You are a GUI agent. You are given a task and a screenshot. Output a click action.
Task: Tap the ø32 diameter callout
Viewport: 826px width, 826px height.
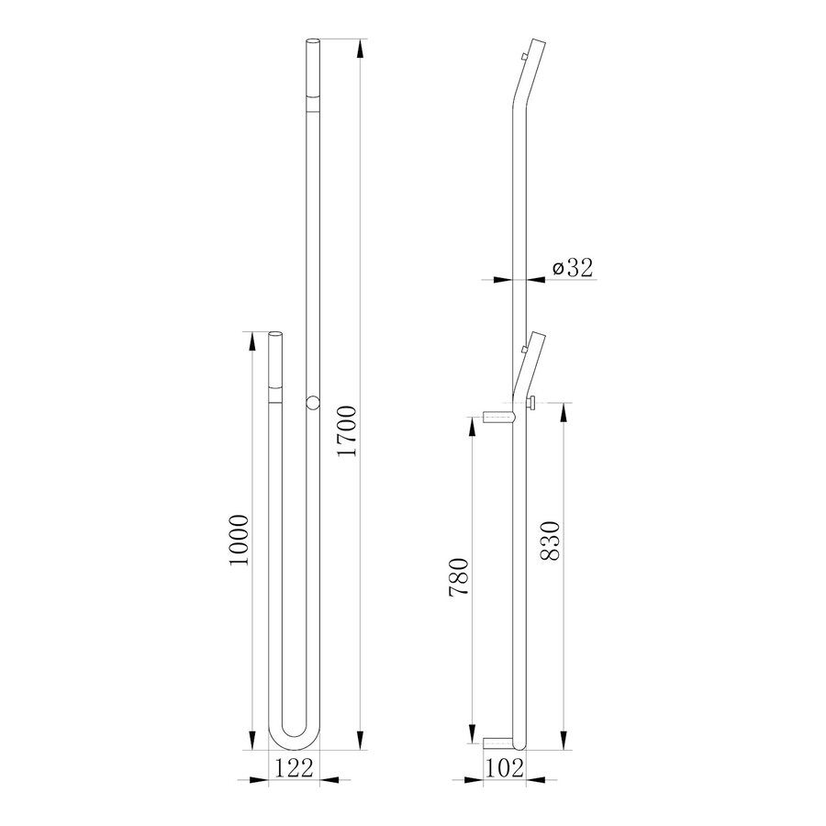(x=574, y=267)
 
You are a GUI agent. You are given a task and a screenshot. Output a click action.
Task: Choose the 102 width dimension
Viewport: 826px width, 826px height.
(x=505, y=768)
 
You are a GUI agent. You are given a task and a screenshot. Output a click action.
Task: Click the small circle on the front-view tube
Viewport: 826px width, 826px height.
(x=312, y=402)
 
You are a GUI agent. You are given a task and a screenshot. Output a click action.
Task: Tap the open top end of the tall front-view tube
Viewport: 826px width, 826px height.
(x=312, y=42)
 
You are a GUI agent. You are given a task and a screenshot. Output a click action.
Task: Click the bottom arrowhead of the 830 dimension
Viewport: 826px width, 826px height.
(x=563, y=742)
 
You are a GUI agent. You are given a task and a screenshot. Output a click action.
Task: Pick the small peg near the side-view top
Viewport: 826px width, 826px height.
(x=523, y=58)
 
